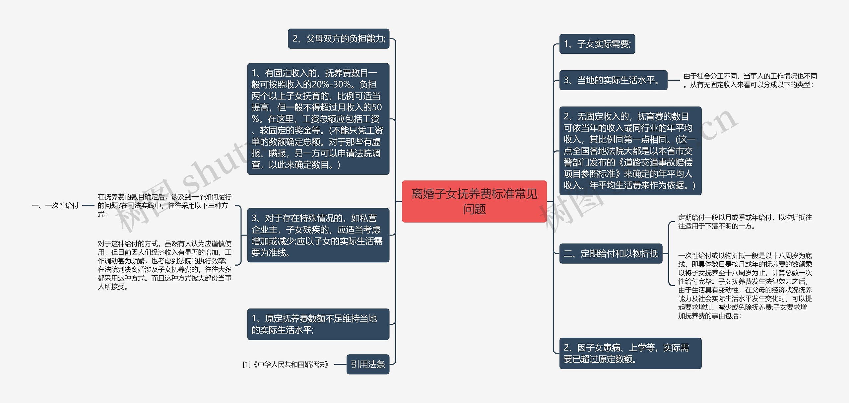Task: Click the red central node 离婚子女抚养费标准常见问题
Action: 474,201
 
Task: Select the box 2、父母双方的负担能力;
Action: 338,39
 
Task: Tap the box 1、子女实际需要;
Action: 597,44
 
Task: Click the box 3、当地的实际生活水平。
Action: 613,80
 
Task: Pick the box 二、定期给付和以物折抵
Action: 611,254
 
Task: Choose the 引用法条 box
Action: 367,365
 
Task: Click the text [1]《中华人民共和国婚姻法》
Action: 286,365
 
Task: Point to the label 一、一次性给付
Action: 55,206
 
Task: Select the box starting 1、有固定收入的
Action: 318,119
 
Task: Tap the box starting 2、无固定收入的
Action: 630,151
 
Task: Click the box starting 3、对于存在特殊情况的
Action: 318,235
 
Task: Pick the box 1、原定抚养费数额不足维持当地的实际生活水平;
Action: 318,324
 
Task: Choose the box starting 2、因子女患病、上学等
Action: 630,353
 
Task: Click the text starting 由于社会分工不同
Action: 750,80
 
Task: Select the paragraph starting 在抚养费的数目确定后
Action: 164,206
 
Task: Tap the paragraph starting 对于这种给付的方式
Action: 164,265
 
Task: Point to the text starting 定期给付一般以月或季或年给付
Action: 745,222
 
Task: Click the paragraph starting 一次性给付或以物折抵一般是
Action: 745,285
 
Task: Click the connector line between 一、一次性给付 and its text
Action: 88,206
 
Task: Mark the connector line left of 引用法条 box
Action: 340,365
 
